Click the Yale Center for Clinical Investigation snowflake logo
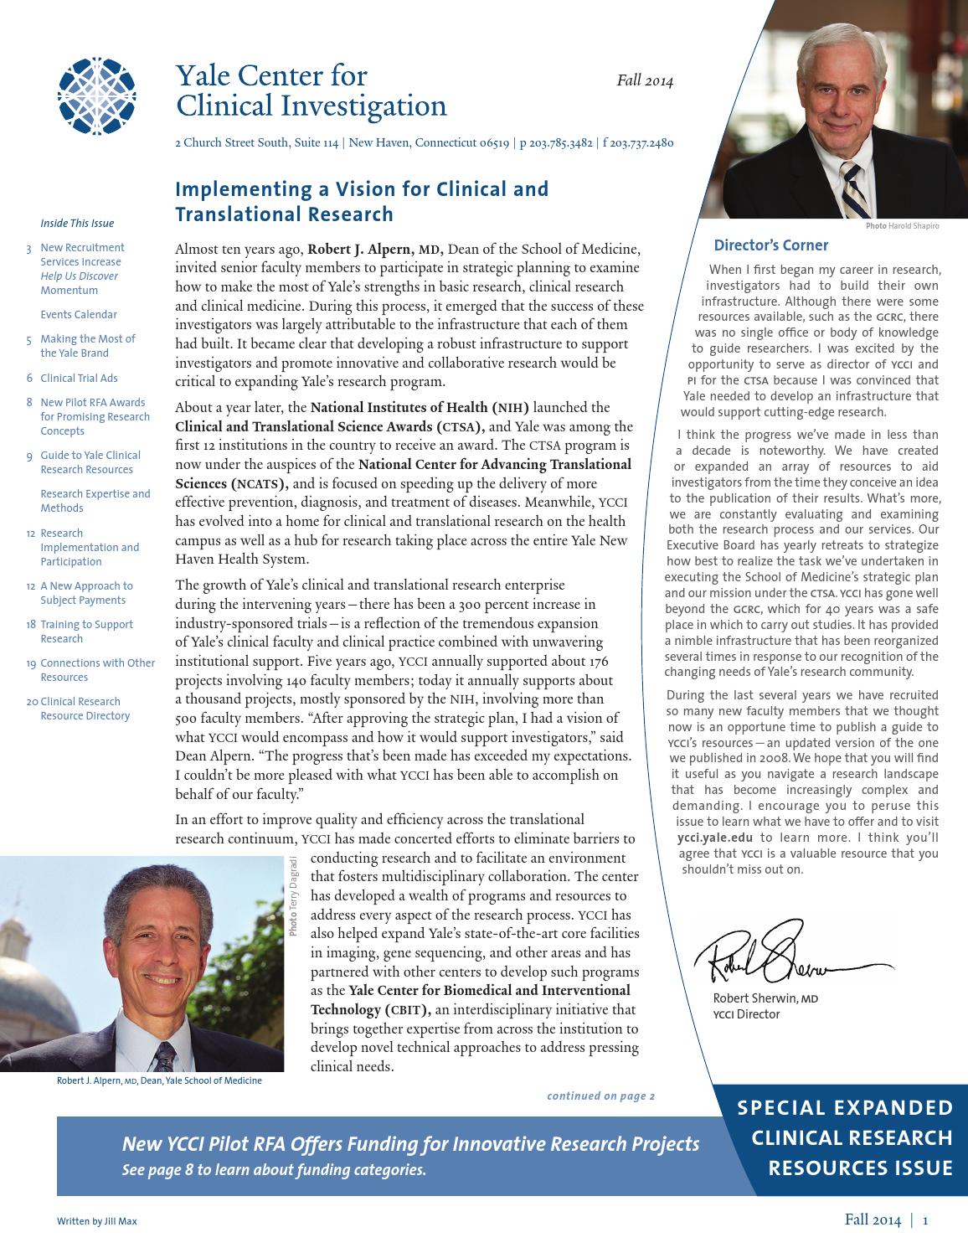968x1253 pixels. [x=96, y=96]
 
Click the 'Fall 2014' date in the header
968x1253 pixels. [x=645, y=81]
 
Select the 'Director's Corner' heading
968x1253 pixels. [x=770, y=245]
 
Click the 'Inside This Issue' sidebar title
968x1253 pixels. [x=77, y=224]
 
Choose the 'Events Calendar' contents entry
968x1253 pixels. [x=79, y=315]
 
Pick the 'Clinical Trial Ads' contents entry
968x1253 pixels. [x=79, y=378]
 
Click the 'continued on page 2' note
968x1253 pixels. [x=600, y=1096]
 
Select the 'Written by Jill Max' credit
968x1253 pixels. [x=96, y=1221]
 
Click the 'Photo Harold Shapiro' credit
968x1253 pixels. [x=902, y=226]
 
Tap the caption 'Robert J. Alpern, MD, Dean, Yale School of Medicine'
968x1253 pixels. [x=159, y=1080]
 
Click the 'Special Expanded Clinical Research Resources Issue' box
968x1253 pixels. [x=844, y=1137]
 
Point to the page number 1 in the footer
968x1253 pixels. [x=925, y=1220]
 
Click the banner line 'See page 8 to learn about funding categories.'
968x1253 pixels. [x=274, y=1170]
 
